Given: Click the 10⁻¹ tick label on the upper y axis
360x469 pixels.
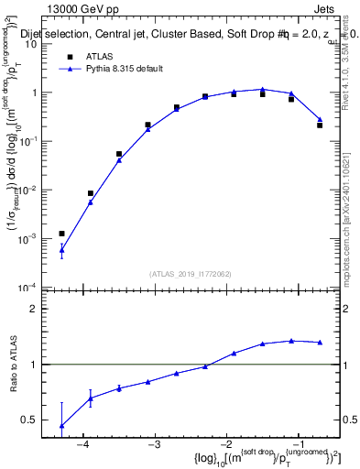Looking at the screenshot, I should click(x=40, y=141).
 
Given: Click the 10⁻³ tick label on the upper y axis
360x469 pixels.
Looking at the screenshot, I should click(x=40, y=239).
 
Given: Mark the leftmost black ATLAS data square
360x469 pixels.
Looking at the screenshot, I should click(x=61, y=234).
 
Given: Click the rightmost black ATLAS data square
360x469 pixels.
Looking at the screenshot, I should click(x=320, y=125).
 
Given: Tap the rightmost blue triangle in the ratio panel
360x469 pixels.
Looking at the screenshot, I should click(x=320, y=343).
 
